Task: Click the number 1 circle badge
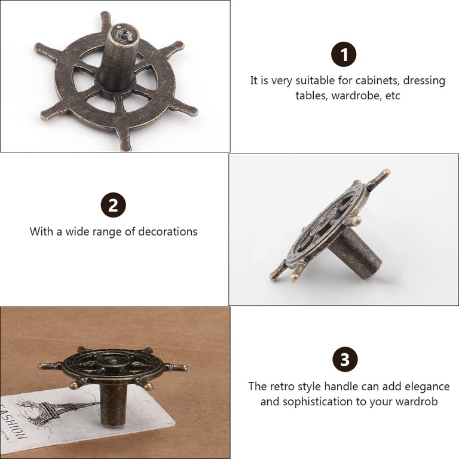(x=344, y=54)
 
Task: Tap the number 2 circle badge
(x=114, y=205)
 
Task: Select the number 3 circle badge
(x=345, y=359)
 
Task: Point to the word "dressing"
(x=424, y=81)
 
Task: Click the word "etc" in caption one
(x=393, y=96)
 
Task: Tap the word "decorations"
(x=167, y=231)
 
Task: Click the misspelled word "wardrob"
(x=417, y=402)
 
